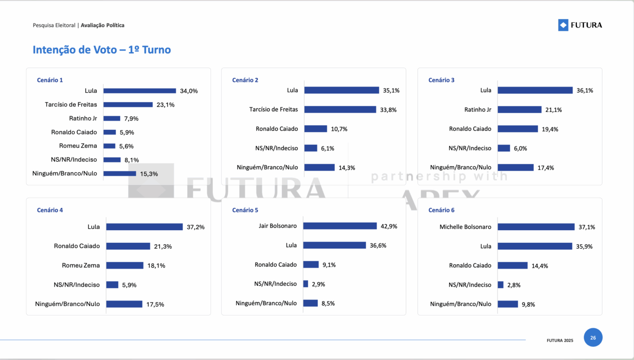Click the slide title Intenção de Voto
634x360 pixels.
(x=101, y=50)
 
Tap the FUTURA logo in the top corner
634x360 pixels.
(x=580, y=25)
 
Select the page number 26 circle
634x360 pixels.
(x=593, y=337)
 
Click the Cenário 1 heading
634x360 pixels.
(x=50, y=80)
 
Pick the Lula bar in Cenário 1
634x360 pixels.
(x=139, y=91)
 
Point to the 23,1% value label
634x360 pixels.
(x=166, y=105)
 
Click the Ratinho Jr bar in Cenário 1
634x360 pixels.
(x=112, y=119)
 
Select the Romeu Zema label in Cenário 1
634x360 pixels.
(x=78, y=146)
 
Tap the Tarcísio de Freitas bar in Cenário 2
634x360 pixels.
(x=340, y=110)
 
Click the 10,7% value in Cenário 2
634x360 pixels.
(x=339, y=129)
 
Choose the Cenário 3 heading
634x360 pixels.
(x=441, y=80)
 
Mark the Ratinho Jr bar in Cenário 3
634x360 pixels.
(x=519, y=110)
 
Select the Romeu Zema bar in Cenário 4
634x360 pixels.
(x=125, y=265)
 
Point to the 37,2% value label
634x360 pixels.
(x=196, y=227)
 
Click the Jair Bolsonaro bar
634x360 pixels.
(x=340, y=226)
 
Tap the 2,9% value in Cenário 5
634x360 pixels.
(x=318, y=284)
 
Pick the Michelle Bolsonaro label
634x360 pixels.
(x=465, y=227)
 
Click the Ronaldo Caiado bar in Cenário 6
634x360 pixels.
(x=512, y=265)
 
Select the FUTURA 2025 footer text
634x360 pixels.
(x=559, y=340)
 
